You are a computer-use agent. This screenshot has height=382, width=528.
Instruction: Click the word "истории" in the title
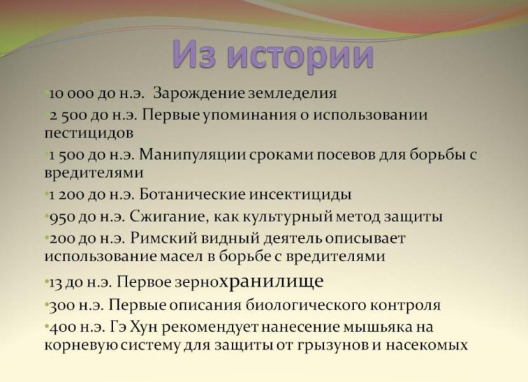(300, 55)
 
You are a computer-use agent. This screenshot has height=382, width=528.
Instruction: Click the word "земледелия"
(292, 94)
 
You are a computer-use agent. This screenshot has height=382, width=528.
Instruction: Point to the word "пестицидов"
(89, 133)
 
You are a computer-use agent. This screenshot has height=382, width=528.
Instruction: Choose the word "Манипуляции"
(191, 155)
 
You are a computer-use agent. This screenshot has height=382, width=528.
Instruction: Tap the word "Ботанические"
(192, 195)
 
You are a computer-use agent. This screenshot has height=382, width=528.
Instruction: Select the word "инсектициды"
(300, 196)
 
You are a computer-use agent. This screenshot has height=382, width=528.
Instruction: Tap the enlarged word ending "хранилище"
(272, 281)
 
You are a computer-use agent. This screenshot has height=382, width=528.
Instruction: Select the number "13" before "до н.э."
(56, 283)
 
